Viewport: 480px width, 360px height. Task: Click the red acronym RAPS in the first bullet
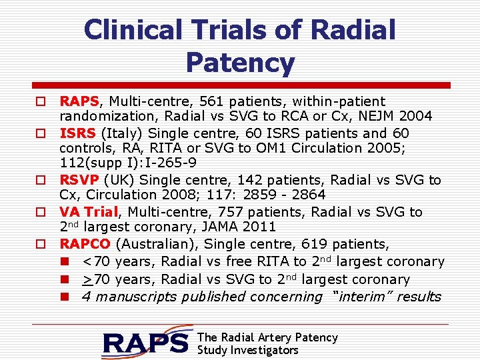79,101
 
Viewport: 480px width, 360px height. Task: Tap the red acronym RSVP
79,180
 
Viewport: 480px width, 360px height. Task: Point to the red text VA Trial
89,212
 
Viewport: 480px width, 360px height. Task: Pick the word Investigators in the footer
265,350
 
